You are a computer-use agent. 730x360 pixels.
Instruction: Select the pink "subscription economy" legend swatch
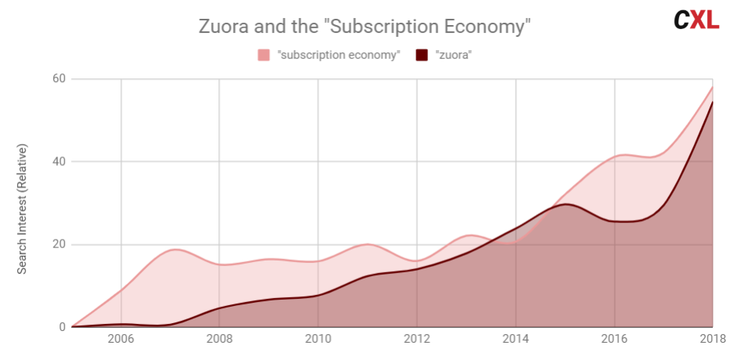pyautogui.click(x=264, y=55)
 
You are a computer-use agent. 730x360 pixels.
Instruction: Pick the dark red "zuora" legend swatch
pyautogui.click(x=422, y=55)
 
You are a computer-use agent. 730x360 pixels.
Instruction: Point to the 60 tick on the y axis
pyautogui.click(x=58, y=79)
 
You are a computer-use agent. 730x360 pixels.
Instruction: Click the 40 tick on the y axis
pyautogui.click(x=58, y=162)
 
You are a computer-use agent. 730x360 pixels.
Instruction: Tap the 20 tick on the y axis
pyautogui.click(x=58, y=244)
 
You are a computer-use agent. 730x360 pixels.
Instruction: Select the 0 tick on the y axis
pyautogui.click(x=61, y=327)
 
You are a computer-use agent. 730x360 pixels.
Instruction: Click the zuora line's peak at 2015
pyautogui.click(x=565, y=204)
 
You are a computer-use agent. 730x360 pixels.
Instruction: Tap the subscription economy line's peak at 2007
pyautogui.click(x=176, y=250)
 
